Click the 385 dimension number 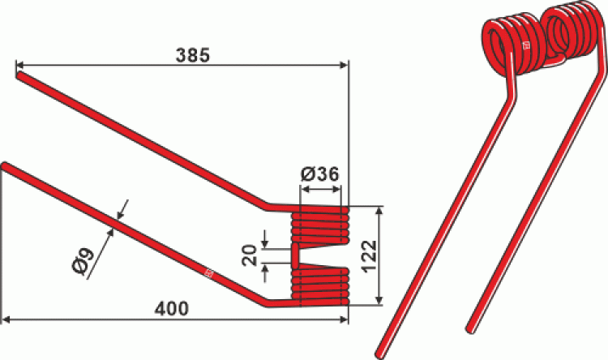[x=193, y=55]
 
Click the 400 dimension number [x=172, y=309]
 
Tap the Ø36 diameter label [x=320, y=174]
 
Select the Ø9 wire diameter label [x=83, y=263]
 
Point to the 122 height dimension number [x=370, y=256]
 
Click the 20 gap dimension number [x=250, y=255]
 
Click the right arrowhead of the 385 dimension [x=344, y=65]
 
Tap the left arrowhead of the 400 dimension [x=7, y=319]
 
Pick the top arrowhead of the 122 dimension [x=379, y=211]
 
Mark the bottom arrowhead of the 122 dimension [x=379, y=300]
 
